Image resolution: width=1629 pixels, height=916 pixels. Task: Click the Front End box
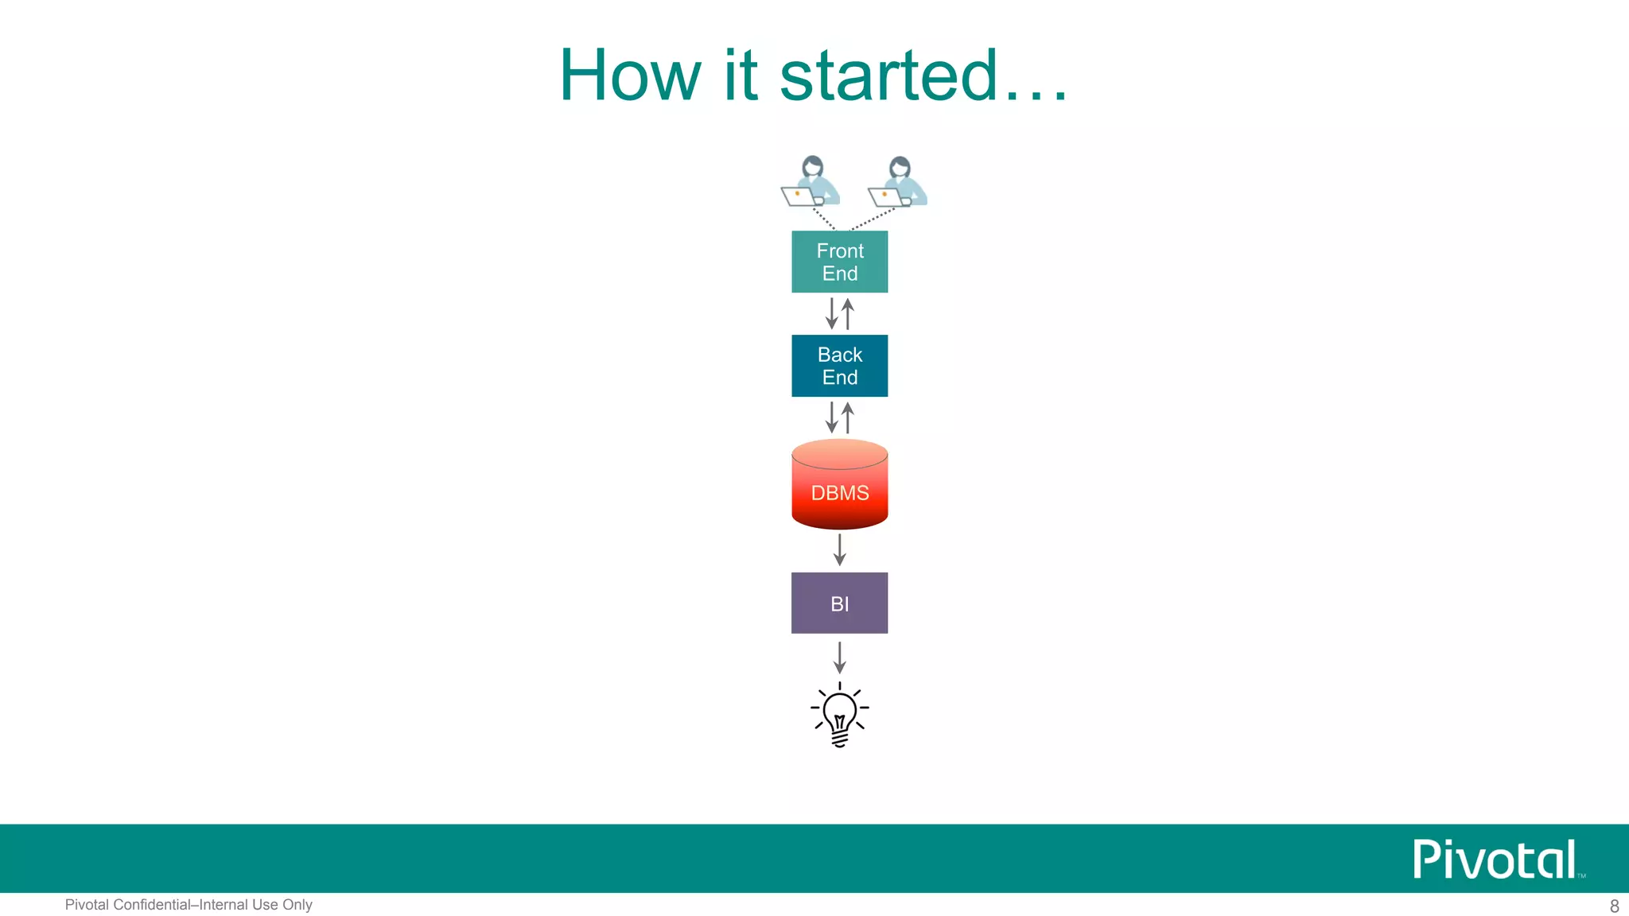coord(839,262)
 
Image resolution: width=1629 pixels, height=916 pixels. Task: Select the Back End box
coord(839,366)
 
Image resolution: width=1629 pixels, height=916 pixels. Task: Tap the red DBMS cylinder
coord(839,485)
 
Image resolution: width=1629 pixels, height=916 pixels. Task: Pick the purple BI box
coord(839,603)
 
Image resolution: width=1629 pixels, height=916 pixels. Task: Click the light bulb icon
coord(839,714)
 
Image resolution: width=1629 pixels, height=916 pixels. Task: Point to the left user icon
coord(811,182)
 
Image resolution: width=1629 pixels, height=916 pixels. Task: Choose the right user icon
coord(898,182)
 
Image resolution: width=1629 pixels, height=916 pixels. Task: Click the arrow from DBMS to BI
coord(839,549)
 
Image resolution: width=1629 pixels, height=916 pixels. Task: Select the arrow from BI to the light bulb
coord(839,658)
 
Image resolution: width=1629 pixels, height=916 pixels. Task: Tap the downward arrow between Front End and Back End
coord(832,313)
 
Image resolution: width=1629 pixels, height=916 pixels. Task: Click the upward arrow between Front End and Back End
coord(848,313)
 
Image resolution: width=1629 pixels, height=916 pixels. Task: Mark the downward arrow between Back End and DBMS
coord(832,417)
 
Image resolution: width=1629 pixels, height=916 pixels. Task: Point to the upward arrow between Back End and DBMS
coord(848,417)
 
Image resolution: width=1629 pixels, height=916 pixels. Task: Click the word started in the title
coord(888,76)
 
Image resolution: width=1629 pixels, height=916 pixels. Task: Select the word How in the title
coord(629,76)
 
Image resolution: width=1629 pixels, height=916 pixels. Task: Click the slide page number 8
coord(1614,906)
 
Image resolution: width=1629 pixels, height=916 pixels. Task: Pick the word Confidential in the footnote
coord(152,905)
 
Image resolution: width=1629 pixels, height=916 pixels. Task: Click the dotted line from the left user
coord(824,219)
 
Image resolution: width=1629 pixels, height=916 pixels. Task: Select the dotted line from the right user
coord(873,219)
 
